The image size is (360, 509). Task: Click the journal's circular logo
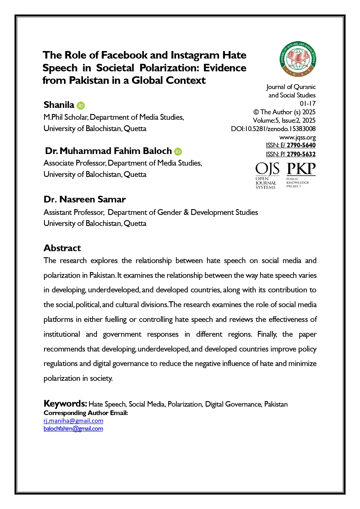pos(298,59)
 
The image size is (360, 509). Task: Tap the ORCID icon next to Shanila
pos(81,106)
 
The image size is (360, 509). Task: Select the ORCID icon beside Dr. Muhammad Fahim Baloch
pos(178,151)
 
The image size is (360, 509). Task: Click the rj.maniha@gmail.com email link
pos(73,421)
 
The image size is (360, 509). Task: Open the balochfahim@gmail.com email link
pos(73,429)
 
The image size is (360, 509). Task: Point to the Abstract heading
pos(62,248)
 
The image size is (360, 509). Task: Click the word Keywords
pos(65,403)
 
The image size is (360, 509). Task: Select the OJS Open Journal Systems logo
pos(267,176)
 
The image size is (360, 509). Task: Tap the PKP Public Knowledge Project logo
pos(301,175)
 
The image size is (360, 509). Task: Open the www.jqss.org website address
pos(297,137)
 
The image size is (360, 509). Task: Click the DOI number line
pos(273,129)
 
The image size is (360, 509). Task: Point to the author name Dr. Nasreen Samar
pos(84,200)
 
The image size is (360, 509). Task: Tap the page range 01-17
pos(307,104)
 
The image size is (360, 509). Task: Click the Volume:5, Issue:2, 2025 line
pos(284,120)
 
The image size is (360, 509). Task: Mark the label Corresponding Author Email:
pos(86,413)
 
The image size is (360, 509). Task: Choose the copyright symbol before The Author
pos(256,112)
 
